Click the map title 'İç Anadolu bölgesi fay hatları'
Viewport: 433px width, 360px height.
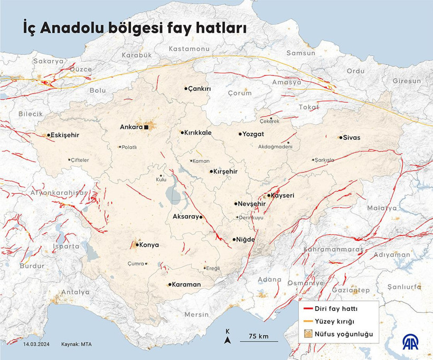[134, 27]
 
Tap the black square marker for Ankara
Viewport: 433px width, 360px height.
[147, 127]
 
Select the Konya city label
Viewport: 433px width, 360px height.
[149, 245]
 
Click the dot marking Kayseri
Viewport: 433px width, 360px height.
[268, 195]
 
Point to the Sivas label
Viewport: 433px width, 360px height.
[352, 137]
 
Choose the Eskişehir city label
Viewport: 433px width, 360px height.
[65, 135]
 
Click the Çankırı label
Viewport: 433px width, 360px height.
[201, 89]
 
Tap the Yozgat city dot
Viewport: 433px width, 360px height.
[240, 134]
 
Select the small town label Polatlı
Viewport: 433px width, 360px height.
[129, 147]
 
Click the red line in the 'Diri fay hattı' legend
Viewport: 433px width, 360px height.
[307, 308]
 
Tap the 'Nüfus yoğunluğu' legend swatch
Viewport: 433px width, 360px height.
[307, 334]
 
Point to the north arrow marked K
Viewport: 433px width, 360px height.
[227, 338]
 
